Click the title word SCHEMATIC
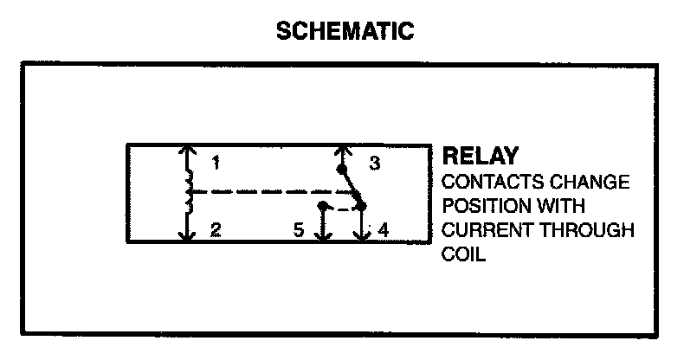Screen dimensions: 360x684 click(x=345, y=32)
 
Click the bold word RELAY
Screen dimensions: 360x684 click(x=481, y=157)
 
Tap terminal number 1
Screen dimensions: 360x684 click(x=216, y=162)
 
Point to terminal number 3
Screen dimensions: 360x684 click(x=375, y=163)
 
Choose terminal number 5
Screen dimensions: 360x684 click(x=298, y=230)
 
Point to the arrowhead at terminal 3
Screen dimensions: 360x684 click(x=342, y=149)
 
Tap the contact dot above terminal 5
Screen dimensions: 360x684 click(x=322, y=207)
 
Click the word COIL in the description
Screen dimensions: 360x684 click(x=461, y=256)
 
